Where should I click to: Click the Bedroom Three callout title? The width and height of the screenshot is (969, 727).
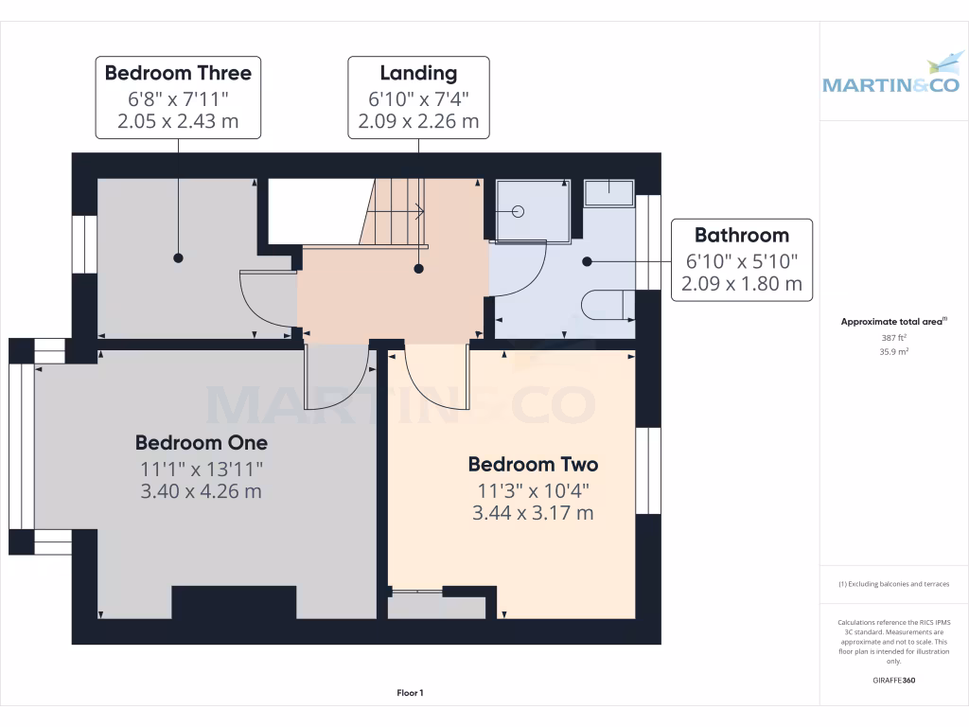(x=178, y=73)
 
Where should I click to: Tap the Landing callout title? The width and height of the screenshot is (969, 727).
(x=418, y=73)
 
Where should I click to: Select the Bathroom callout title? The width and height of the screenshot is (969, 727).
(x=741, y=235)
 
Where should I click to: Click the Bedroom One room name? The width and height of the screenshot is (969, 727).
(x=202, y=442)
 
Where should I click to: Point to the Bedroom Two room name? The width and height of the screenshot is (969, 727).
(x=533, y=464)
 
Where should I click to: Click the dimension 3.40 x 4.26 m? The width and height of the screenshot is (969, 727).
(x=202, y=491)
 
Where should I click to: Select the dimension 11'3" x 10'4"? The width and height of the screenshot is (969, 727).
(x=533, y=490)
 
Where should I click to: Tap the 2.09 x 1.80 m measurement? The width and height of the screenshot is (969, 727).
(x=741, y=283)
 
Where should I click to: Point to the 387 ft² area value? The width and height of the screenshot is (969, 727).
(x=893, y=337)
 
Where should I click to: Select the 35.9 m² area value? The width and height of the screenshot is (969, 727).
(x=893, y=351)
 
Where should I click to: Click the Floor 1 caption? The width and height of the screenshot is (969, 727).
(x=410, y=694)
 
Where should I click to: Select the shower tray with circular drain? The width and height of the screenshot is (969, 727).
(x=530, y=210)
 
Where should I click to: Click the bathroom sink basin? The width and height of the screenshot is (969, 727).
(x=608, y=192)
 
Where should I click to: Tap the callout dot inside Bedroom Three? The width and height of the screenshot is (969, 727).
(x=177, y=257)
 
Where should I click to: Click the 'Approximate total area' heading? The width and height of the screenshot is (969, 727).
(x=893, y=322)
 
